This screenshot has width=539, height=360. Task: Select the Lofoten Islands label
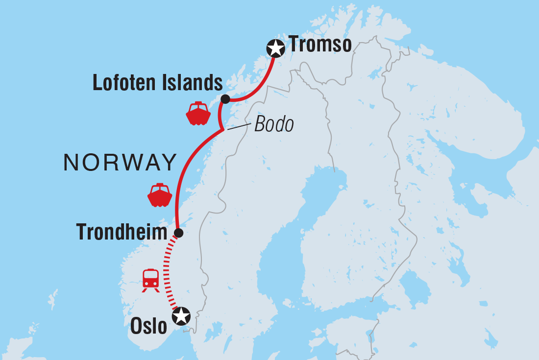click(157, 84)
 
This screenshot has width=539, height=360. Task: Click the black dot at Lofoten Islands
click(225, 99)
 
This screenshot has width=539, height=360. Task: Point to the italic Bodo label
click(274, 125)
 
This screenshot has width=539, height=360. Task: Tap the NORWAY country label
click(120, 162)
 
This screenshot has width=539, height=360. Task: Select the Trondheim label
click(122, 233)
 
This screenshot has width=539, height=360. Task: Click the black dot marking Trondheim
click(179, 233)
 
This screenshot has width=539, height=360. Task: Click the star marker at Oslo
click(181, 316)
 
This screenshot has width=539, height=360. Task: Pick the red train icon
click(150, 280)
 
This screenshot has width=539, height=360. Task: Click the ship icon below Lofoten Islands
click(198, 113)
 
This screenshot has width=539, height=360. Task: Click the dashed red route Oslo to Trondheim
click(167, 274)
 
